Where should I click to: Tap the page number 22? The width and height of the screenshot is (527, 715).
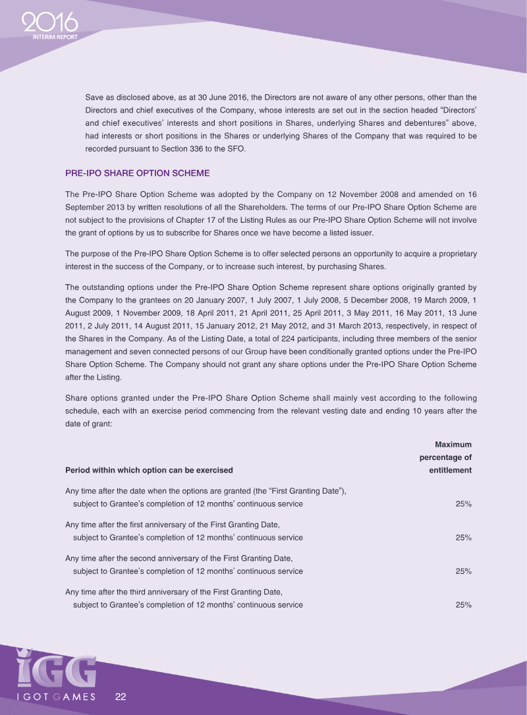pos(121,697)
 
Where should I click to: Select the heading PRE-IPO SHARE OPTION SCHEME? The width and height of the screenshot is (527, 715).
pos(137,173)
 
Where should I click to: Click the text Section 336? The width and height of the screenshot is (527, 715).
pos(209,149)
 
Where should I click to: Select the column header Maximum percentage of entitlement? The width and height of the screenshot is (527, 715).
pos(445,457)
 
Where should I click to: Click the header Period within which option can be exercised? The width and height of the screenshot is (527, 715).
pos(149,470)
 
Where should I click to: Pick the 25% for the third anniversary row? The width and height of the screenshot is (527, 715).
pos(464,604)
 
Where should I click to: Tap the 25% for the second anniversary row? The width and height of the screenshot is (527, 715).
pos(464,571)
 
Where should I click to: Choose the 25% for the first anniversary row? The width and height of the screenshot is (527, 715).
pos(464,537)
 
